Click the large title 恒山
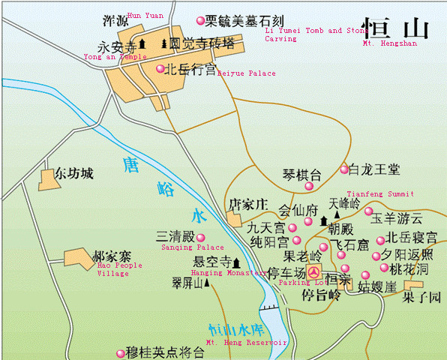[395, 28]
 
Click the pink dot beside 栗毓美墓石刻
[199, 21]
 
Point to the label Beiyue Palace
[247, 73]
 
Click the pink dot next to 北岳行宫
[160, 69]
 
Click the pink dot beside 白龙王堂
[344, 169]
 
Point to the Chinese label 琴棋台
[301, 176]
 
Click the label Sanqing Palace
[193, 247]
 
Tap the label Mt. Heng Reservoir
[247, 342]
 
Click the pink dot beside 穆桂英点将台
[121, 352]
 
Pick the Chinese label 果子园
[419, 297]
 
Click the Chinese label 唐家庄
[247, 204]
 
